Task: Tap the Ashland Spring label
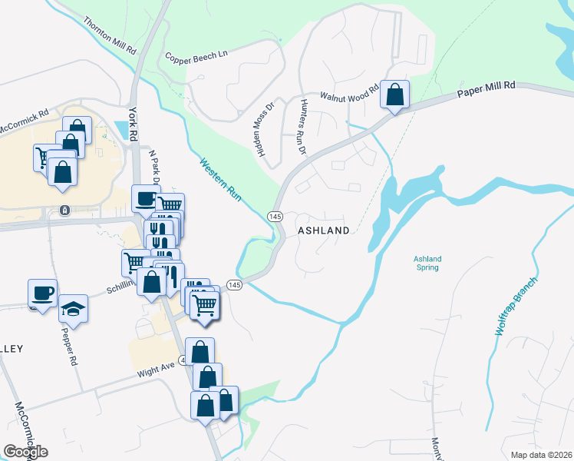tap(427, 264)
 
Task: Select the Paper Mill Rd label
tap(486, 90)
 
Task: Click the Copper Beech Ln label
tap(196, 55)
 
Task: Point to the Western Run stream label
tap(221, 181)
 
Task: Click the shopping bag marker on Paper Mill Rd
tap(394, 95)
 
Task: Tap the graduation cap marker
tap(74, 308)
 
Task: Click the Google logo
tap(25, 452)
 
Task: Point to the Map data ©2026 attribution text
tap(540, 455)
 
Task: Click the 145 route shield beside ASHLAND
tap(275, 217)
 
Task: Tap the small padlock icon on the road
tap(64, 210)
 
